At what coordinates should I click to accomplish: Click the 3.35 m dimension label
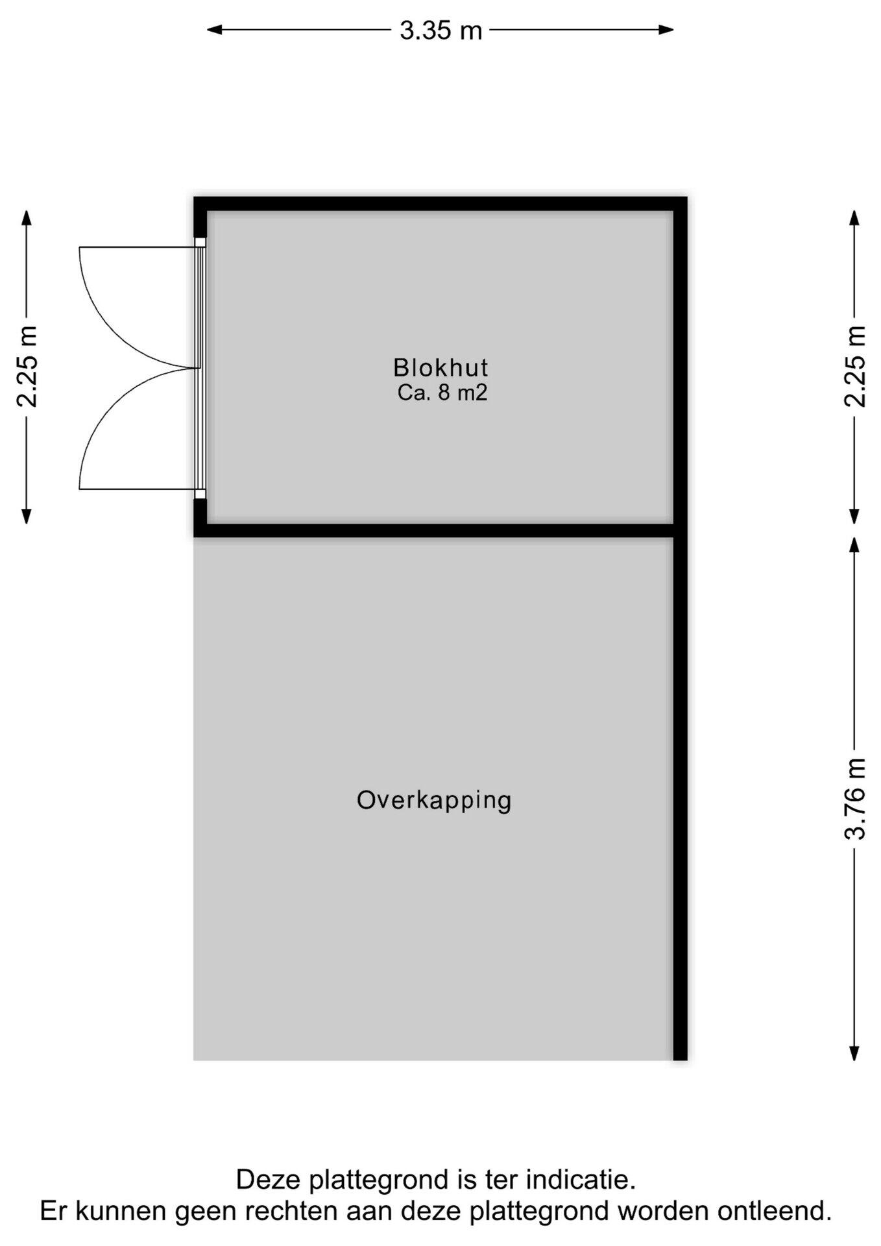point(441,31)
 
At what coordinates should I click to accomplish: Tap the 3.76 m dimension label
point(856,799)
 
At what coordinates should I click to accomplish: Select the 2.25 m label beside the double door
point(27,366)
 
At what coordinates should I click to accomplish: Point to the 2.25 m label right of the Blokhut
point(856,366)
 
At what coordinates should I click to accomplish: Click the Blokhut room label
point(440,368)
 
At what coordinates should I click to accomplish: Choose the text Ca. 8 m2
point(442,393)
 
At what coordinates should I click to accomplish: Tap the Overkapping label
point(434,801)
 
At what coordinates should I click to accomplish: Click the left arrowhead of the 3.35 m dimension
point(215,29)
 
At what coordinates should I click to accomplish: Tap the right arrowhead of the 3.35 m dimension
point(666,29)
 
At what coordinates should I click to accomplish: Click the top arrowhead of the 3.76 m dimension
point(855,544)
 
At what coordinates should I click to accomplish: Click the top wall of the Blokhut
point(440,204)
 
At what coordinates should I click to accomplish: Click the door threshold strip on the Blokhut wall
point(200,368)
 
